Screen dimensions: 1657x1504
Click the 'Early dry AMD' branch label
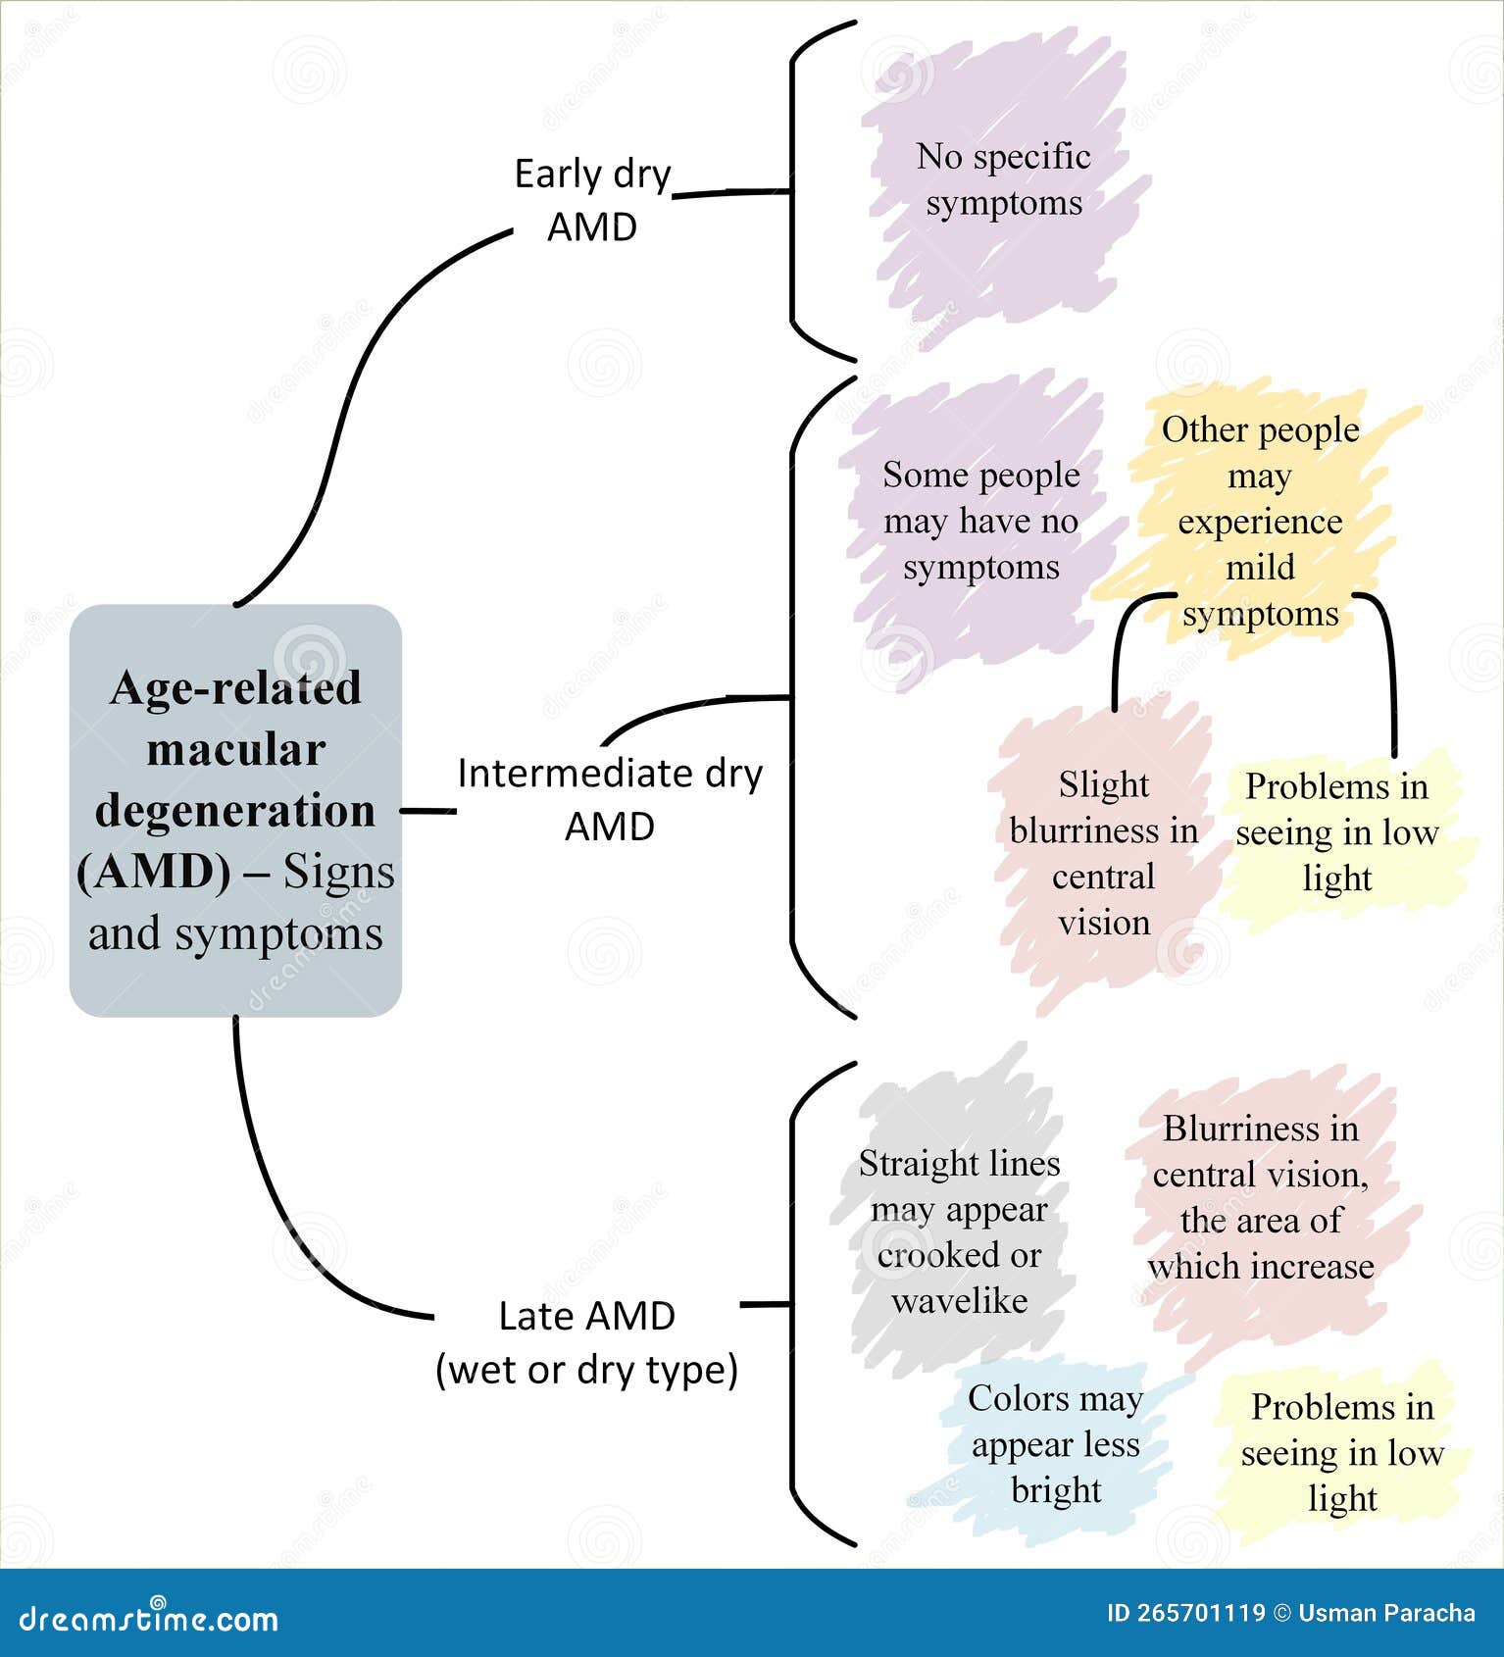pos(592,200)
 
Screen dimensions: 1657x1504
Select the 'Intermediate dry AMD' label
pos(609,799)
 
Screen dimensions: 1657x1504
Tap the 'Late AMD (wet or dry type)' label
pos(586,1342)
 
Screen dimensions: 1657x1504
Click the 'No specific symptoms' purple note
pos(1003,179)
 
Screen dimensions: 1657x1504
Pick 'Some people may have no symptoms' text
pos(980,521)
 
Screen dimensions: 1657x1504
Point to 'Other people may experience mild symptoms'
pos(1260,521)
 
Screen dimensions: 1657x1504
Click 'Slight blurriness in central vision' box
pos(1103,853)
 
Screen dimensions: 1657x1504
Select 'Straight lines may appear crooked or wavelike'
pos(959,1231)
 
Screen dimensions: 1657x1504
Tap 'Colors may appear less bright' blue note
pos(1055,1443)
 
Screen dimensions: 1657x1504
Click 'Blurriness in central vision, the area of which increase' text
pos(1260,1197)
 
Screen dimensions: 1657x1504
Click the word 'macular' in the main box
pos(235,750)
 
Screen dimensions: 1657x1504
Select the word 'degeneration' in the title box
pos(235,811)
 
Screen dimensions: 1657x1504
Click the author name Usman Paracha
pos(1385,1613)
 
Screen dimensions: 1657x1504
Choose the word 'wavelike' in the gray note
pos(959,1301)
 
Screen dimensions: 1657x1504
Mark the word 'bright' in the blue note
pos(1055,1490)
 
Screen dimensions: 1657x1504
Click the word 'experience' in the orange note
pos(1260,522)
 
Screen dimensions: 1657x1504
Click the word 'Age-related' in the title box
pos(235,688)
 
